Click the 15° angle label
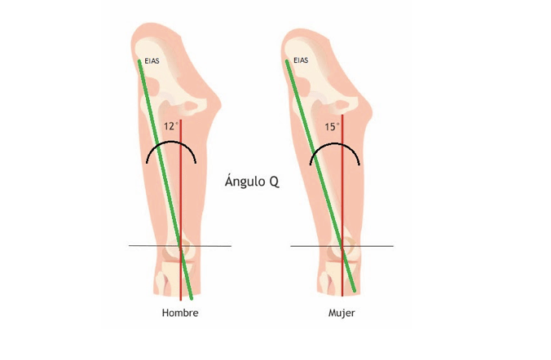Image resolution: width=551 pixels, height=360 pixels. pos(332,126)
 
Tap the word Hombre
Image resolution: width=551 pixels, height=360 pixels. pos(180,313)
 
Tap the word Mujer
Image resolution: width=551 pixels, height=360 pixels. pos(342,313)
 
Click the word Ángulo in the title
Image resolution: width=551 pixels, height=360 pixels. pos(245,181)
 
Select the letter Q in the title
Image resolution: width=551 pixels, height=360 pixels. pos(274,182)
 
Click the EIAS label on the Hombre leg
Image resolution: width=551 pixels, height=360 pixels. pos(152,61)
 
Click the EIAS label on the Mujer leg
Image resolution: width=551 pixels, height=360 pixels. pos(301,60)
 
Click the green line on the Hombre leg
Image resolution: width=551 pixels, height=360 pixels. pos(165,180)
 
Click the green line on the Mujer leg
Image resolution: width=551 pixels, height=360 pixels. pos(320,176)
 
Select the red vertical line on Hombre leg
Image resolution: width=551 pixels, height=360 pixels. pos(181,210)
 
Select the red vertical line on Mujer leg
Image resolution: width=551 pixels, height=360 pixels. pos(342,205)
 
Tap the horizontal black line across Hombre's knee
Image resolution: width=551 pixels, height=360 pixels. pos(180,246)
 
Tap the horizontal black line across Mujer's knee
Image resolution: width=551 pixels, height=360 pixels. pos(342,246)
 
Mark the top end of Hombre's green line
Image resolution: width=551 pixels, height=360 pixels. pos(139,61)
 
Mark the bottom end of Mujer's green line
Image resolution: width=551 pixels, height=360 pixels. pos(355,291)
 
